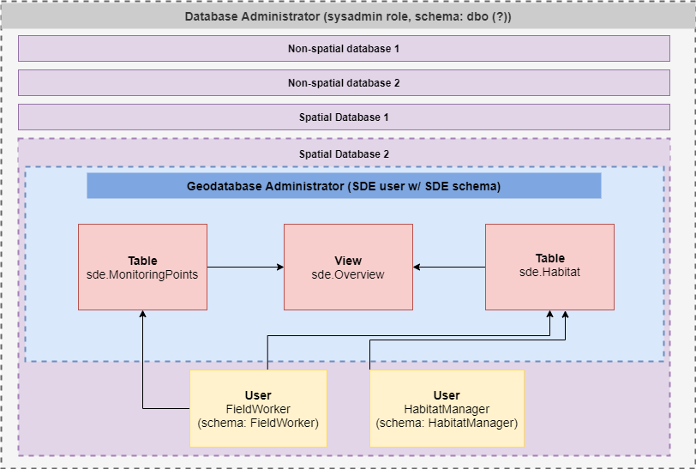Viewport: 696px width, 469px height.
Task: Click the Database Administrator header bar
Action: click(x=348, y=17)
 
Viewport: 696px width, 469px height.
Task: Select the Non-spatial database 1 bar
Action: click(x=344, y=49)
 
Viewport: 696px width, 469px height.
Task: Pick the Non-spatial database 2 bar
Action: click(x=344, y=83)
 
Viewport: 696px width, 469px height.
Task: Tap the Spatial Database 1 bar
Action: click(x=344, y=117)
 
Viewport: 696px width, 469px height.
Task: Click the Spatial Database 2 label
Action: click(x=344, y=153)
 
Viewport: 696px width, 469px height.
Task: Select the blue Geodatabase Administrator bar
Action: click(x=344, y=186)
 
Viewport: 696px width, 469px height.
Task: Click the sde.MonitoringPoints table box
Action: click(x=142, y=267)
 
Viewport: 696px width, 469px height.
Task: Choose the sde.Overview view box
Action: click(x=348, y=267)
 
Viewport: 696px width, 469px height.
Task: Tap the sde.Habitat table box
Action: click(x=549, y=267)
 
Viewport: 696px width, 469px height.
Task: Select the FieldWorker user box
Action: click(x=258, y=408)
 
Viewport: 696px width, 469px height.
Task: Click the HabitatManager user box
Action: click(x=447, y=408)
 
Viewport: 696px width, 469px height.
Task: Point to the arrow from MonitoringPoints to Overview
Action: click(x=245, y=267)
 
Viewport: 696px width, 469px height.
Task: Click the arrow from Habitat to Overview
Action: click(x=449, y=267)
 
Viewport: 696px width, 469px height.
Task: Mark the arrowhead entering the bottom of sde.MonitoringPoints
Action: click(x=143, y=316)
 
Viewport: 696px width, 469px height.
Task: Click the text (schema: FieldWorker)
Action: click(x=258, y=423)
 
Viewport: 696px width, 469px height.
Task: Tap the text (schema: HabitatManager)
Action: click(x=447, y=423)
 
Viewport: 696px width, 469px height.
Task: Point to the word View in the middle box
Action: click(x=348, y=261)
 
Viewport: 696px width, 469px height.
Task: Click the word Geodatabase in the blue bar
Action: click(x=224, y=186)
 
